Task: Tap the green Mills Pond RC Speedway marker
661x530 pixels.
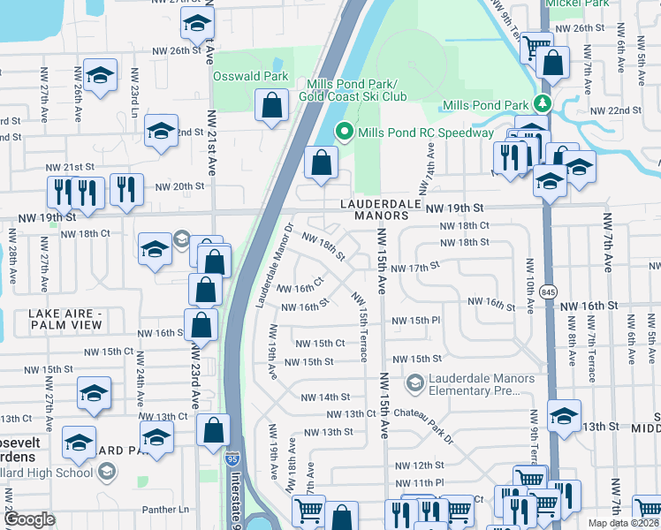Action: coord(345,132)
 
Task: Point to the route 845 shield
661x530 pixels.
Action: coord(550,291)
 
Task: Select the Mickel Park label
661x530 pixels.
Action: coord(577,4)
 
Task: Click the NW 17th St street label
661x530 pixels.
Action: coord(415,268)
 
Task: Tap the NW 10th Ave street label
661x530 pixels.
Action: coord(530,285)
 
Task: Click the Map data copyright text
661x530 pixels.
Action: coord(624,523)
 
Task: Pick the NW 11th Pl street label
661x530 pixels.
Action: coord(420,483)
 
